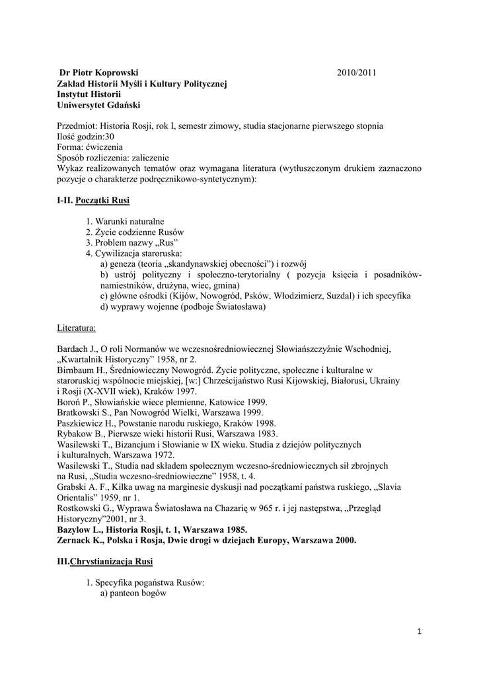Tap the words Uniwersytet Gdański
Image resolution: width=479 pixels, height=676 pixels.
tap(98, 105)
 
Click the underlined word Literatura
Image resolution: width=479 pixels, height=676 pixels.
tap(77, 327)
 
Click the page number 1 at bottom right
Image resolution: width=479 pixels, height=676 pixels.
tap(419, 631)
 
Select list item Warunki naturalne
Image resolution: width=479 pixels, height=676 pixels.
tap(129, 220)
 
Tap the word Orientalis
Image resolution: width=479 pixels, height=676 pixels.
tap(77, 497)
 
